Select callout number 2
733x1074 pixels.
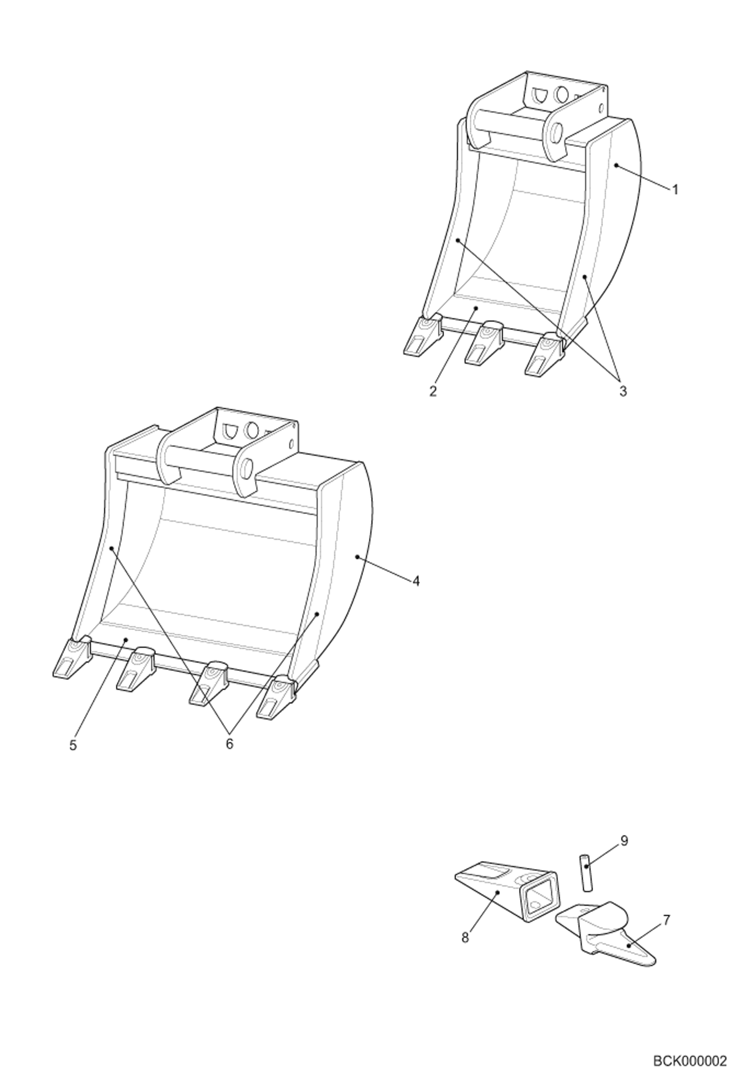click(x=433, y=391)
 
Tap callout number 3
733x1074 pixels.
click(x=622, y=391)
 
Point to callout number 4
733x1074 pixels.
click(x=416, y=581)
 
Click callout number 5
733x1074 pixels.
click(x=73, y=746)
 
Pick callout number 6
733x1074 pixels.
click(x=229, y=744)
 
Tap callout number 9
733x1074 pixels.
click(x=624, y=855)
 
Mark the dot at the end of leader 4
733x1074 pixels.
click(x=357, y=557)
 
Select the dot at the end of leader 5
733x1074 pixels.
click(x=126, y=639)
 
